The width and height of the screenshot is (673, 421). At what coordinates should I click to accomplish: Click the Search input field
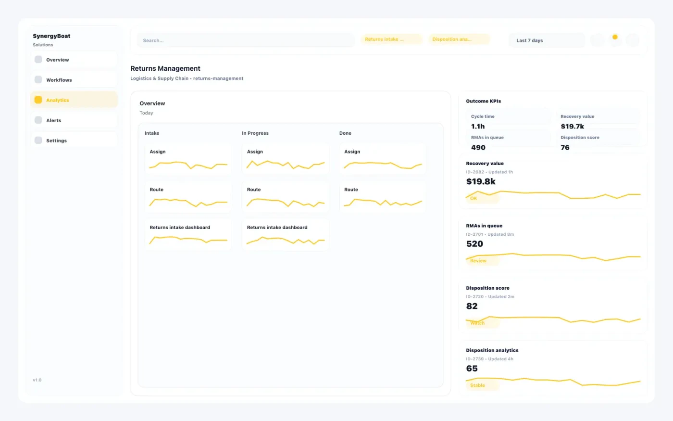coord(246,40)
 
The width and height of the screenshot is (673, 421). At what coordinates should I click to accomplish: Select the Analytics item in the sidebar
coord(74,100)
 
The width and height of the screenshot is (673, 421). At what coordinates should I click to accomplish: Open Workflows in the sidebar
coord(74,80)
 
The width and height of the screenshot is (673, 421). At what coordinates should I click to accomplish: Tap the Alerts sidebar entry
coord(74,120)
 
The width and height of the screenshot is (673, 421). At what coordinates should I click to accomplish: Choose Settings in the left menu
coord(74,140)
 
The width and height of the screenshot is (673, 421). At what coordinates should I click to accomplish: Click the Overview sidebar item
coord(74,60)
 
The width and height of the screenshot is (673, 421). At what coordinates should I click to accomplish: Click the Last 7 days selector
coord(547,40)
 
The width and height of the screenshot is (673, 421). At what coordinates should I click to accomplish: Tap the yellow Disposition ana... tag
coord(459,39)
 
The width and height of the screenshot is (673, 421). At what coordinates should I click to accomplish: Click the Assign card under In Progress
coord(286,159)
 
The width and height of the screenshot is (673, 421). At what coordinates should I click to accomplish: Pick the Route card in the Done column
coord(383,197)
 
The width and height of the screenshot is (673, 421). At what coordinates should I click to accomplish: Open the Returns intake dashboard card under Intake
coord(188,234)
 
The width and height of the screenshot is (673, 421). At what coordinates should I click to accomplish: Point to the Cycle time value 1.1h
coord(478,127)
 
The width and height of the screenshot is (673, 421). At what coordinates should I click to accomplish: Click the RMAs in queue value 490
coord(478,148)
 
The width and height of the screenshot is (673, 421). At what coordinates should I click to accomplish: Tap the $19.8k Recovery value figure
coord(481,181)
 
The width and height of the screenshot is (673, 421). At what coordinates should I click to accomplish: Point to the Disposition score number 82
coord(472,306)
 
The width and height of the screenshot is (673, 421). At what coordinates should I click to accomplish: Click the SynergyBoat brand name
coord(51,36)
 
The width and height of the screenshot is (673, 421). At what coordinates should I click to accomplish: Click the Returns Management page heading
coord(165,68)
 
